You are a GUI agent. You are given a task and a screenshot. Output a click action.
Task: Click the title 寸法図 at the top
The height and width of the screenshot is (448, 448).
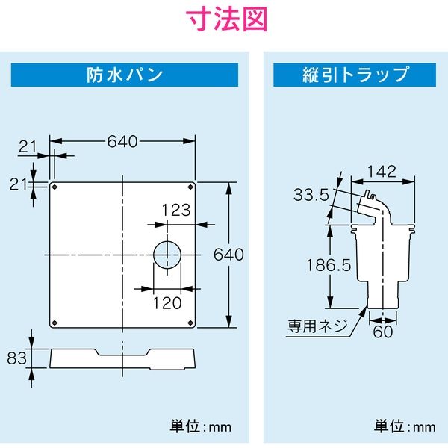point(224,21)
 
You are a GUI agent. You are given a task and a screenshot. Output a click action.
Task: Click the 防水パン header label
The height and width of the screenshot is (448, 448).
point(125,75)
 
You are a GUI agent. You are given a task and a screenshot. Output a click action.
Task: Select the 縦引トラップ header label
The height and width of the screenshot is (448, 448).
point(354,75)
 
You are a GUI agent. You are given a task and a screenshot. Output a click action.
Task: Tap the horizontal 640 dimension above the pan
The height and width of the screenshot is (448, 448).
point(122,141)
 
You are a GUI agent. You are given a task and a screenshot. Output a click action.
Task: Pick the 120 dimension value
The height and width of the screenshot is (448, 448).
point(167,302)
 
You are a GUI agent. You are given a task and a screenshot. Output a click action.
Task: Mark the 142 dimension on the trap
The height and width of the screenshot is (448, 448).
point(382,170)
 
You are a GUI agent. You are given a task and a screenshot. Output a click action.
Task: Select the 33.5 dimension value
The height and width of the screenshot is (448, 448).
point(311,196)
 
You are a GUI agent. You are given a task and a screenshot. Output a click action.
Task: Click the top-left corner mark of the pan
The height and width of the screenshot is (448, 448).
point(55,186)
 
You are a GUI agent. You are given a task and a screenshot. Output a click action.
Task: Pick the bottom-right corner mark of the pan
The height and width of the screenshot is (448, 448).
point(191,323)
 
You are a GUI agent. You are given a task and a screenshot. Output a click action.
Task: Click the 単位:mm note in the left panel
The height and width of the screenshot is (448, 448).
point(201,427)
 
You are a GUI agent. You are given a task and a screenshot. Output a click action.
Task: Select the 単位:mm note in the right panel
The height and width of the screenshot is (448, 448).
point(404,427)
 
